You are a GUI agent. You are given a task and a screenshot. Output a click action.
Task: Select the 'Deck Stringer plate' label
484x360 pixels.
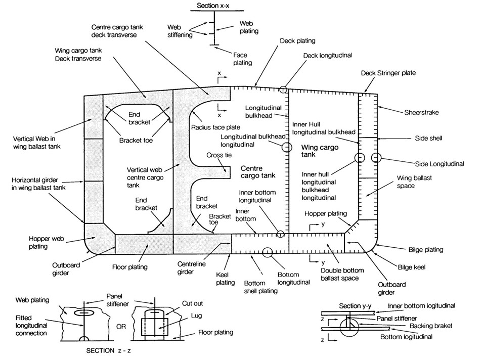pos(388,73)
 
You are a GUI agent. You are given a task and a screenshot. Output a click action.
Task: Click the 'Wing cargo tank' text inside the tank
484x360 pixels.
pos(316,151)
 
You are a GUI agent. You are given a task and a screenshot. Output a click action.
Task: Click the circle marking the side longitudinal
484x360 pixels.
pos(375,158)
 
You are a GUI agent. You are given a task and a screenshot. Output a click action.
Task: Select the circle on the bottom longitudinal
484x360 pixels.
pos(267,251)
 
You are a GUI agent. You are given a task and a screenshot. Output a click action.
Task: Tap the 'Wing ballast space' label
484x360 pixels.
pos(414,182)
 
